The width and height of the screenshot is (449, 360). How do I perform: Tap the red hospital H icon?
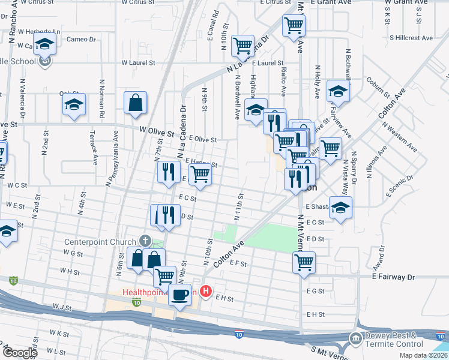pos(206,292)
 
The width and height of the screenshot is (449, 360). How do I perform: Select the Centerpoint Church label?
pos(101,242)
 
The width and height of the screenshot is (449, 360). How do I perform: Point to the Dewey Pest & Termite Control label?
pos(400,340)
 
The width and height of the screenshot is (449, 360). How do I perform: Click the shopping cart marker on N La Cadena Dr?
pos(243,45)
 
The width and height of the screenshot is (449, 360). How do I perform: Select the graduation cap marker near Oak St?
pos(74,105)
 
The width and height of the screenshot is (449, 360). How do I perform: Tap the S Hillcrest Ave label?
pos(411,38)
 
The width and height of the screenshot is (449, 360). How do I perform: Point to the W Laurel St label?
pos(138,62)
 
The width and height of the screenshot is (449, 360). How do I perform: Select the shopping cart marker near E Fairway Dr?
pos(304,262)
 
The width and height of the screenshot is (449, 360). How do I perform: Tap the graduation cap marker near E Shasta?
pos(340,208)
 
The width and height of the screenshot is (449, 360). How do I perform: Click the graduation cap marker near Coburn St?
pos(338,92)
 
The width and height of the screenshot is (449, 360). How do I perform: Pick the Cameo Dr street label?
pos(81,40)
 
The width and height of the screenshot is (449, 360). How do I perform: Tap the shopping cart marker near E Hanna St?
pos(200,175)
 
